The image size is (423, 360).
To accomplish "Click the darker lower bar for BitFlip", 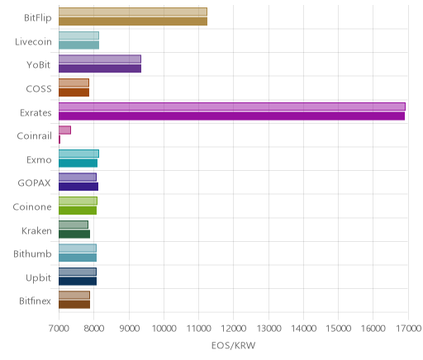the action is (x=133, y=21).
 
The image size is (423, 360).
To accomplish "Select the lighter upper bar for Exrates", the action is (x=232, y=107).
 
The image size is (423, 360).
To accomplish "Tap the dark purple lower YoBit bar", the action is (x=100, y=69).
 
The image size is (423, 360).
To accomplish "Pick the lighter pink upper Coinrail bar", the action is (x=64, y=130).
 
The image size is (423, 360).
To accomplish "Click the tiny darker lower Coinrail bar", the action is (x=59, y=140).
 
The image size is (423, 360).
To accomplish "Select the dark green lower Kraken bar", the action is (x=74, y=234).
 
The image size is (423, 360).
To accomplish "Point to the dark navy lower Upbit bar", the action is (x=78, y=282).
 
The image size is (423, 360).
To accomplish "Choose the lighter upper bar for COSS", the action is (x=74, y=83).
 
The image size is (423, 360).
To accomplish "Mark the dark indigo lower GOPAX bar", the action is (x=78, y=187).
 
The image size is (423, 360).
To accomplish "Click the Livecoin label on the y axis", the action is (x=33, y=42).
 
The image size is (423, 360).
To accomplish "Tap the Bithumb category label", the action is (x=32, y=253).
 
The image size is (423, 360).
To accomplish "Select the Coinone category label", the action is (x=32, y=206).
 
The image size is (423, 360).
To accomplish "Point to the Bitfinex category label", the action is (x=35, y=301).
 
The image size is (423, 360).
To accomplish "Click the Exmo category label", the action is (x=39, y=160).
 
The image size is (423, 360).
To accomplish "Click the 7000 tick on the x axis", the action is (x=59, y=329).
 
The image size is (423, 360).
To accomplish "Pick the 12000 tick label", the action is (x=234, y=329).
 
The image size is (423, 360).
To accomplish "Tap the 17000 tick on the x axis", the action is (x=408, y=329).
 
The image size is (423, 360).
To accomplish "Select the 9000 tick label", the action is (x=129, y=329).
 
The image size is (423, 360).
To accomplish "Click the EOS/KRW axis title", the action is (x=234, y=345).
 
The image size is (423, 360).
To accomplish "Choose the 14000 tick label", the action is (x=303, y=329).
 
